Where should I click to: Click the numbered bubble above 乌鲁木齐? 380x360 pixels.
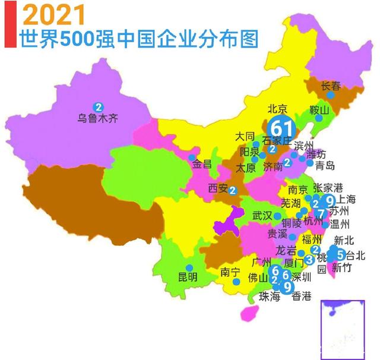point(97,107)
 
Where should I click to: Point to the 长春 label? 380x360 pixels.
point(331,86)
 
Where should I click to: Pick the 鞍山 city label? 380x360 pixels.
point(319,110)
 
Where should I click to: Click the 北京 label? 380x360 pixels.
point(277,109)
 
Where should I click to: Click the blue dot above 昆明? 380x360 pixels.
point(188,267)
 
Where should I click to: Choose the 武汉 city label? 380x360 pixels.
point(262,215)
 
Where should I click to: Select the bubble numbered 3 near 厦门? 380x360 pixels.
point(309,259)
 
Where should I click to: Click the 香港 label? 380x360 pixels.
point(302,296)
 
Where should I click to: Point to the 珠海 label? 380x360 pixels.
point(270,296)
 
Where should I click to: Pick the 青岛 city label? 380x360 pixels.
point(325,165)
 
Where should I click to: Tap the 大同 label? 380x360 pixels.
point(245,137)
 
